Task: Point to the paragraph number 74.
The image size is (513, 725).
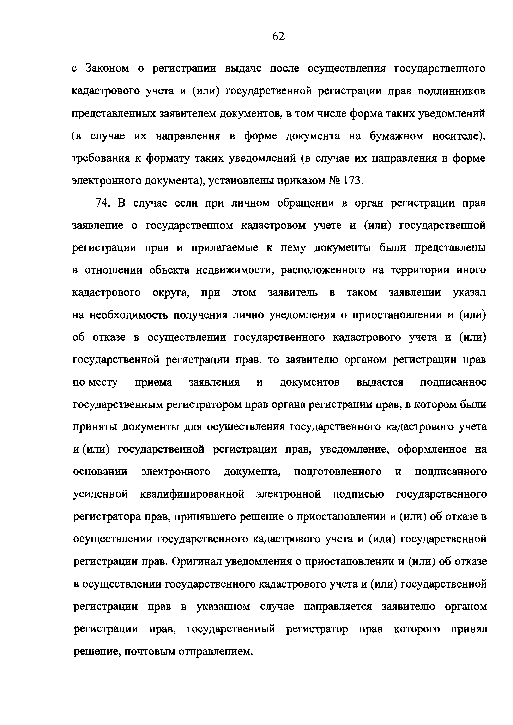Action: click(102, 203)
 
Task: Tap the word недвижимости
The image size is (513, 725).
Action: click(234, 270)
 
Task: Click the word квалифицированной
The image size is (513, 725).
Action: click(192, 494)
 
